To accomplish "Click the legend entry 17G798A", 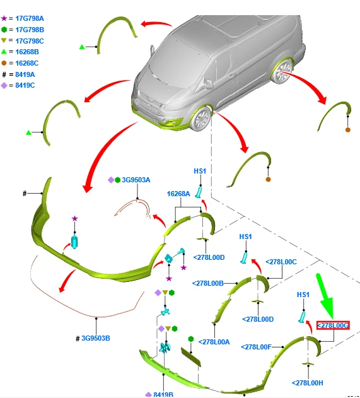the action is [x=30, y=18].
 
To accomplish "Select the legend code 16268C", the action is [x=27, y=63].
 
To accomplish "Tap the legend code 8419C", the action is [x=25, y=85].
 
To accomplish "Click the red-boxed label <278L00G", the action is [x=333, y=325].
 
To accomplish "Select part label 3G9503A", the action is [x=136, y=180].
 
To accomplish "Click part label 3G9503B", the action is [x=96, y=338].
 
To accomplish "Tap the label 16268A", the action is [x=178, y=194].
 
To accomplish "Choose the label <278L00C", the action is [x=281, y=262].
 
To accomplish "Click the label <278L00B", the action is [x=208, y=283].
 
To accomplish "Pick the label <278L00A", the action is [x=214, y=342].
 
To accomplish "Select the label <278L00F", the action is [x=256, y=347].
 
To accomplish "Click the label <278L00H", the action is [x=308, y=383].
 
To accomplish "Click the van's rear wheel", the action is [x=282, y=71].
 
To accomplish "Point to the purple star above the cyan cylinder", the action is [x=74, y=218].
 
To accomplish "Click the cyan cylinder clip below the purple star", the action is [x=74, y=242].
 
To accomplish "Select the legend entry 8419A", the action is [x=25, y=74].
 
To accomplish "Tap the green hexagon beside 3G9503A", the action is [x=117, y=180].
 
